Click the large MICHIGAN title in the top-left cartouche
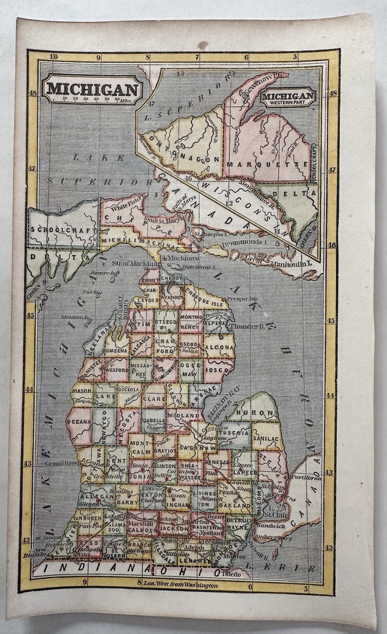pos(91,88)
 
